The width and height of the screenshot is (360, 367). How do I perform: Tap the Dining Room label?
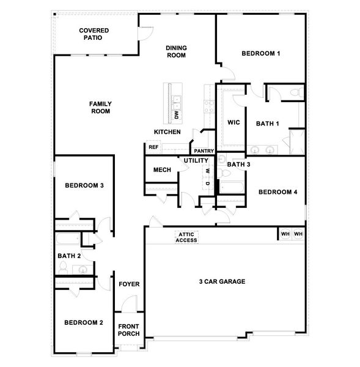coord(176,51)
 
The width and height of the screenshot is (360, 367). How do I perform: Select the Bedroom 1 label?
coord(260,54)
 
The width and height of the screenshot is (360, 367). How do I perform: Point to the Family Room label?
coord(100,108)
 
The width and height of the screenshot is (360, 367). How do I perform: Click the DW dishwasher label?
coord(176,114)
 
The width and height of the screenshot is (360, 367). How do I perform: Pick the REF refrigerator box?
coord(153,147)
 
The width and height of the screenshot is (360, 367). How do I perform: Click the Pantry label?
coord(203,150)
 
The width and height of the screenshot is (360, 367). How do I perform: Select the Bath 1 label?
coord(267,124)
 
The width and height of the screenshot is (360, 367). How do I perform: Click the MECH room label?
coord(161,170)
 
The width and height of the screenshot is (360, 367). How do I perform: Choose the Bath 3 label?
coord(238,164)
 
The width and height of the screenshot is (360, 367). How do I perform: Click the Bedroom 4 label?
coord(277,192)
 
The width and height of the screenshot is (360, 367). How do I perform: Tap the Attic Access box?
coord(186,237)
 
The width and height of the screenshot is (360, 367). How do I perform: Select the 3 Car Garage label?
coord(222,282)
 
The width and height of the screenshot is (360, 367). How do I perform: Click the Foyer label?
coord(129,284)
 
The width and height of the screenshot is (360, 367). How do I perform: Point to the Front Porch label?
coord(129,330)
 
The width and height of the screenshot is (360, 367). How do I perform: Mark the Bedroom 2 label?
coord(84,323)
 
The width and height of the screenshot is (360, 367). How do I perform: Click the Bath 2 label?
coord(69,256)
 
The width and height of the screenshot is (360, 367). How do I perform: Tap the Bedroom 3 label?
coord(84,185)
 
